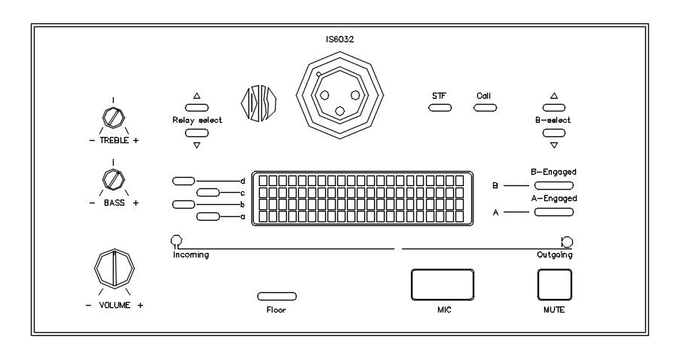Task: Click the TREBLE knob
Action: point(113,117)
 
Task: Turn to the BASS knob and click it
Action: point(113,179)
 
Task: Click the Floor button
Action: point(276,296)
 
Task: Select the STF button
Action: point(440,108)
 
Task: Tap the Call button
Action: point(485,108)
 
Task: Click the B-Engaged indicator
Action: point(554,185)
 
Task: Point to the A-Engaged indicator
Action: point(554,212)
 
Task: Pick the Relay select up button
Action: point(196,108)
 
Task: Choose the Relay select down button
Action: point(196,133)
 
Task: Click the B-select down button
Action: point(554,133)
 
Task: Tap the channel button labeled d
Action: point(184,181)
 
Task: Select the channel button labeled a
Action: point(208,217)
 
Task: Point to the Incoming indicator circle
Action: point(177,241)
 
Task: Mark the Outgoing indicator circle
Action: point(567,242)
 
